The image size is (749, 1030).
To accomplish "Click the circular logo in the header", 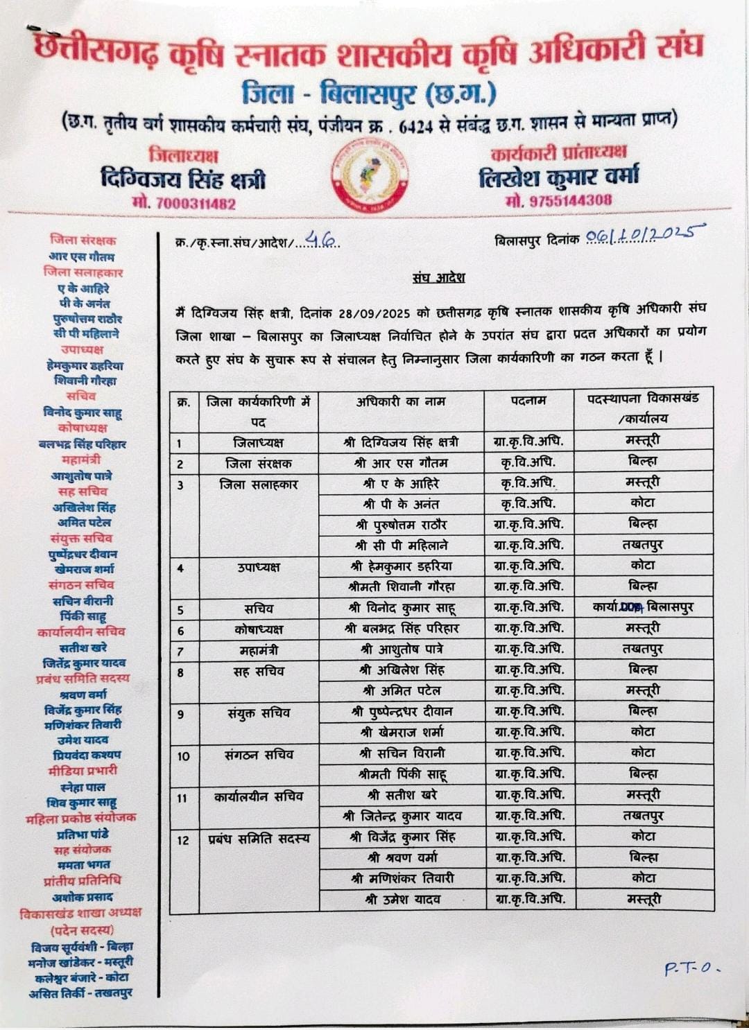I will [369, 176].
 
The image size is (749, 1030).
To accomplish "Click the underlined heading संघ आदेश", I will [438, 278].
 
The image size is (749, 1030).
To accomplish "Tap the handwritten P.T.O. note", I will [691, 968].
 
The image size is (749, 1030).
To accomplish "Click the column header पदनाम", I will [528, 401].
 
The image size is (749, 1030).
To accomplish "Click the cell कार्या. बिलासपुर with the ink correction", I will [643, 607].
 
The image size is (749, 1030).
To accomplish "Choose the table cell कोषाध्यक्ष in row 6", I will [258, 629].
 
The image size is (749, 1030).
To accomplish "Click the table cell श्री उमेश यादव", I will [402, 900].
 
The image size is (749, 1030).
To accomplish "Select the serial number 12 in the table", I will [183, 840].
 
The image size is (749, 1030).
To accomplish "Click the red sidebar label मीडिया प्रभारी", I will [83, 771].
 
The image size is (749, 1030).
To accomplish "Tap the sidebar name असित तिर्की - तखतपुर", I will [80, 993].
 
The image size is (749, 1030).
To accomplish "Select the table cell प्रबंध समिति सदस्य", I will [259, 839].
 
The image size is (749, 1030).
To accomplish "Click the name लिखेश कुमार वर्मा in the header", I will [558, 177].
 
